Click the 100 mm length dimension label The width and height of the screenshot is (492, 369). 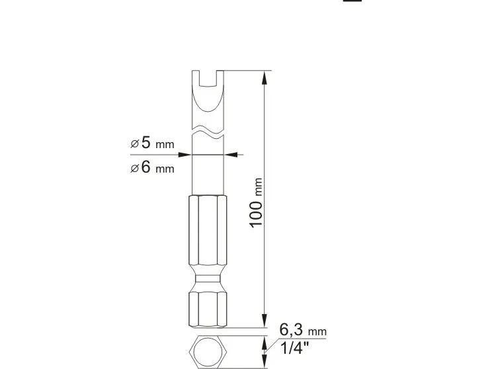256,203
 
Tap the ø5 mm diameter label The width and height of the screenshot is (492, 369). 152,143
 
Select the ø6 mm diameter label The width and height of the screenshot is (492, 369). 152,167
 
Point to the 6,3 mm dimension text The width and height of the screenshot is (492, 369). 303,330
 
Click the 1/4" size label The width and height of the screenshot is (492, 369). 294,348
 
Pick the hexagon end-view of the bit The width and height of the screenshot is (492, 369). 208,352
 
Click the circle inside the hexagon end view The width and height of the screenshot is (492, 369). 208,352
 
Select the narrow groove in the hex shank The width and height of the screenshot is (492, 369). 208,279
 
